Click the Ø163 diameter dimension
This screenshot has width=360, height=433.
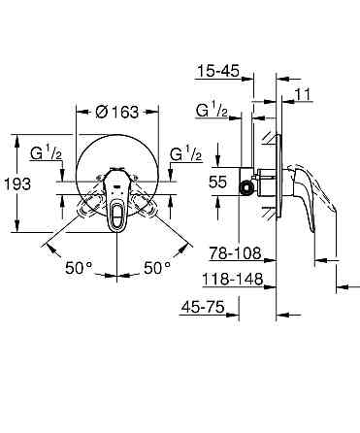[x=118, y=112]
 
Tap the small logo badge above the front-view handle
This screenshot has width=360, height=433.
[x=118, y=177]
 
